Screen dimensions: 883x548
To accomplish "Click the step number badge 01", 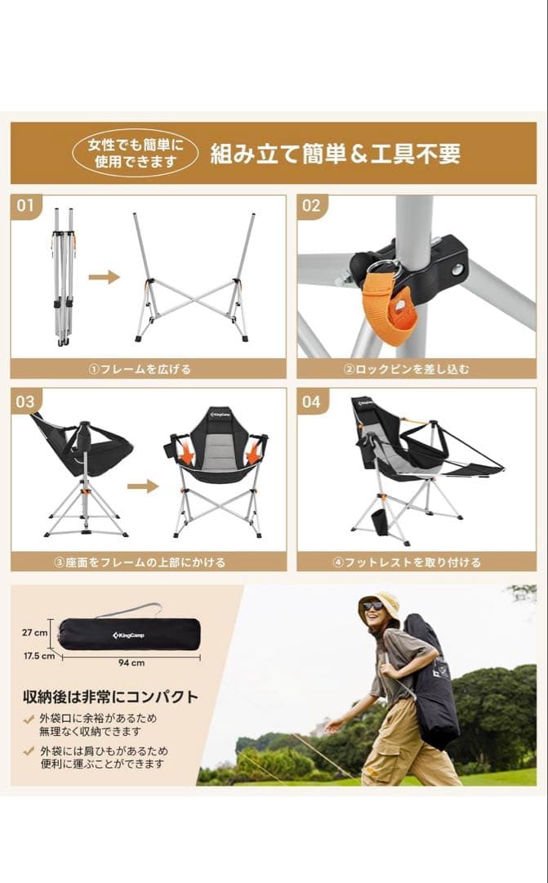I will coord(25,205).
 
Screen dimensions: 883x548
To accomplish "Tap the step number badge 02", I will coord(311,205).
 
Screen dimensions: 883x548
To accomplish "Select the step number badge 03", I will coord(25,401).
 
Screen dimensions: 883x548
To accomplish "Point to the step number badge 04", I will coord(311,401).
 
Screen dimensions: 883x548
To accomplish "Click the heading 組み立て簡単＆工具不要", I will coord(336,154).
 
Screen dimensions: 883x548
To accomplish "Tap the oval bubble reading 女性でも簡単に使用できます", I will coord(136,154).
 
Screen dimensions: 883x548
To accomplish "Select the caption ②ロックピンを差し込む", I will coord(417,369).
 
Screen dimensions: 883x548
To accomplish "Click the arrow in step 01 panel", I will coord(104,277).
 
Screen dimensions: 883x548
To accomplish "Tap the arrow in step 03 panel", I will coord(142,486).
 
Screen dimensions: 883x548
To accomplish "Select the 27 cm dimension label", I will coord(34,632).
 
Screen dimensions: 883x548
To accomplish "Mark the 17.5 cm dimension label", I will coord(38,655).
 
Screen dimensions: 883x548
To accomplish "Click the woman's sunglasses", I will coord(372,606).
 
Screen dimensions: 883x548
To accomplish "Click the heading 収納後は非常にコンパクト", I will coord(110,697).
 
